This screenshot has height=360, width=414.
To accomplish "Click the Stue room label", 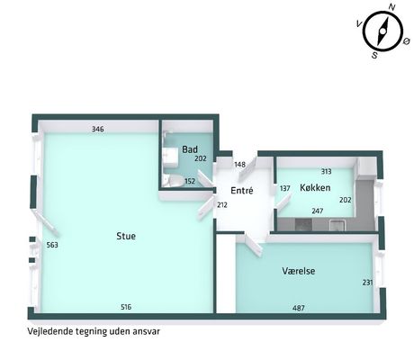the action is point(126,236).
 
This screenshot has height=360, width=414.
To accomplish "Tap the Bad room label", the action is point(190,149).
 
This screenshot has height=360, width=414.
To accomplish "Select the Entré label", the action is point(242,190).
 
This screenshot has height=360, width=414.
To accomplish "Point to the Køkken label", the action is point(315,188).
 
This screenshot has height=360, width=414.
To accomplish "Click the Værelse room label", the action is point(299,271).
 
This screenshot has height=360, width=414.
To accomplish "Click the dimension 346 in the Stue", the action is point(98,129).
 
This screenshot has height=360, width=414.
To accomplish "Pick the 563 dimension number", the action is point(52,245).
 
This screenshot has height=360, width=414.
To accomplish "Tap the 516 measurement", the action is point(126,307).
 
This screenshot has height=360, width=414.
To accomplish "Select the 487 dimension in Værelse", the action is point(299,308).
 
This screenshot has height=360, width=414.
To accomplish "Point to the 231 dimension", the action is point(367,283).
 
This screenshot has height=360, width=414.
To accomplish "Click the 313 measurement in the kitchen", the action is point(326,171).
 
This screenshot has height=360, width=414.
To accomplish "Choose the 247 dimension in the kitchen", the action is point(317,211).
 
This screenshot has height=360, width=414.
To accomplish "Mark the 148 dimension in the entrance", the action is point(240,165).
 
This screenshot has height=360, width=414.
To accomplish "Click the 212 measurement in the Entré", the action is point(222,205).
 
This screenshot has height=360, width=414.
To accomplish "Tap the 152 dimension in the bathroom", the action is point(190,181).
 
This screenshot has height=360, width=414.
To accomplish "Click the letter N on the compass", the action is point(391,7).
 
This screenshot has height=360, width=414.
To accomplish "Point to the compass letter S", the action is point(374,55).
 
